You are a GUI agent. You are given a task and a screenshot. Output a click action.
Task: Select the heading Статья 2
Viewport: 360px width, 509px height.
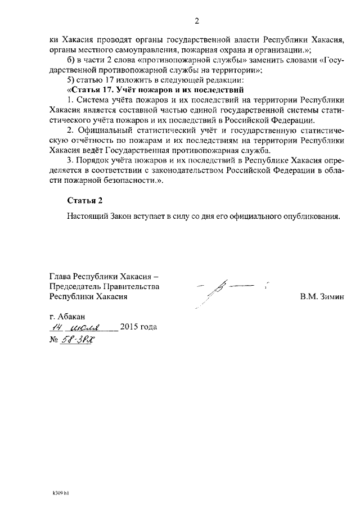click(x=85, y=200)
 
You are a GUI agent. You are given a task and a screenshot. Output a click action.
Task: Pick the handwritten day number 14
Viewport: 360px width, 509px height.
click(x=56, y=327)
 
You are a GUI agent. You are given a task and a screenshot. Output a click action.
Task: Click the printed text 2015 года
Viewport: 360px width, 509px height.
click(x=138, y=327)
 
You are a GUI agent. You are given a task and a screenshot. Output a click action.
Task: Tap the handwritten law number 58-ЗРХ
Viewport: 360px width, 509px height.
click(x=77, y=340)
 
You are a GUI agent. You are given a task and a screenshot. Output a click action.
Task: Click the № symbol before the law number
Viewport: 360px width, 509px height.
click(x=54, y=341)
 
